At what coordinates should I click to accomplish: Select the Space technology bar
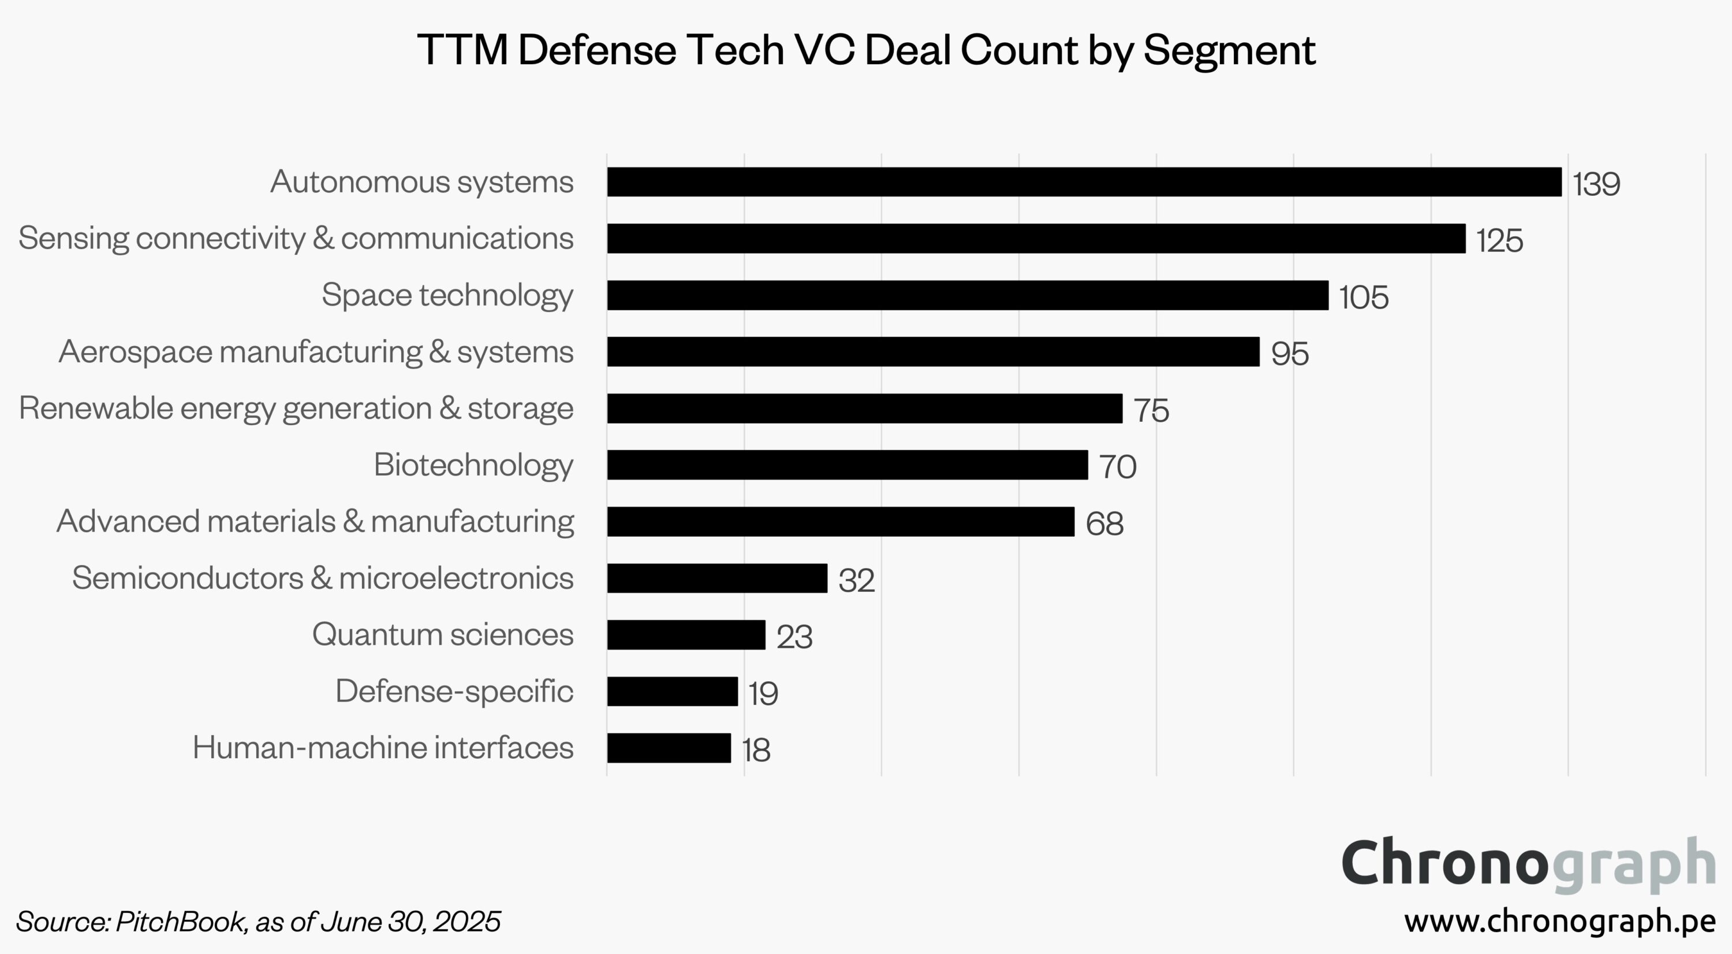pos(968,295)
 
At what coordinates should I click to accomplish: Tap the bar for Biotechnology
pos(847,465)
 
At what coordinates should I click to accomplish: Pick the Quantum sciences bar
pos(686,634)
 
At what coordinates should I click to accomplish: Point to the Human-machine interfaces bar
pos(669,748)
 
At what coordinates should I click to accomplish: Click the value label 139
pos(1596,184)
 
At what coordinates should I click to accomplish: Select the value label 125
pos(1499,240)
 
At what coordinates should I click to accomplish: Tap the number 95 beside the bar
pos(1290,354)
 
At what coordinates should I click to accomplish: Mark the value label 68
pos(1104,524)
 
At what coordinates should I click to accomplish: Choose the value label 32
pos(856,580)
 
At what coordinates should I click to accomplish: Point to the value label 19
pos(763,693)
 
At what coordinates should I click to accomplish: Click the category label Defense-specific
pos(454,691)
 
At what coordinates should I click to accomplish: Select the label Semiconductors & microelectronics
pos(323,578)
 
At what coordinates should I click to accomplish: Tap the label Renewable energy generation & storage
pos(296,409)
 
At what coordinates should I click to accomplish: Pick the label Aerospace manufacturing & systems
pos(316,352)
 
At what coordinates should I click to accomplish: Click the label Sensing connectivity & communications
pos(296,238)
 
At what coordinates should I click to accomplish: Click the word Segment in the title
pos(1229,50)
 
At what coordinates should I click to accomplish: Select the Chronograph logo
pos(1528,864)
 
